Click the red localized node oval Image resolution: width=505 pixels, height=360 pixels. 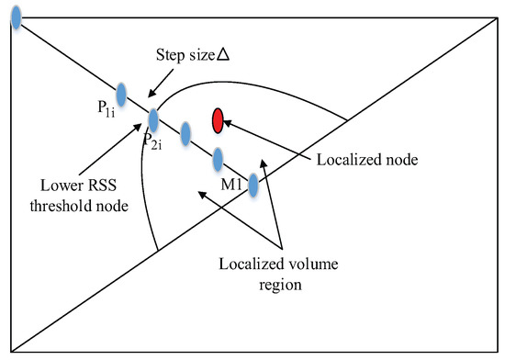coord(218,120)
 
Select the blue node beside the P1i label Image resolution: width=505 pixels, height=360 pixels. coord(120,95)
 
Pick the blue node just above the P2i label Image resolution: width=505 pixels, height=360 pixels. coord(153,119)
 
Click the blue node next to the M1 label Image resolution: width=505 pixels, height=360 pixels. coord(252,186)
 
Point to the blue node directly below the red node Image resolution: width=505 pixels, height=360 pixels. coord(219,160)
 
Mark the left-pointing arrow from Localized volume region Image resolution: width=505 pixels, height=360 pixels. coord(221,216)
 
